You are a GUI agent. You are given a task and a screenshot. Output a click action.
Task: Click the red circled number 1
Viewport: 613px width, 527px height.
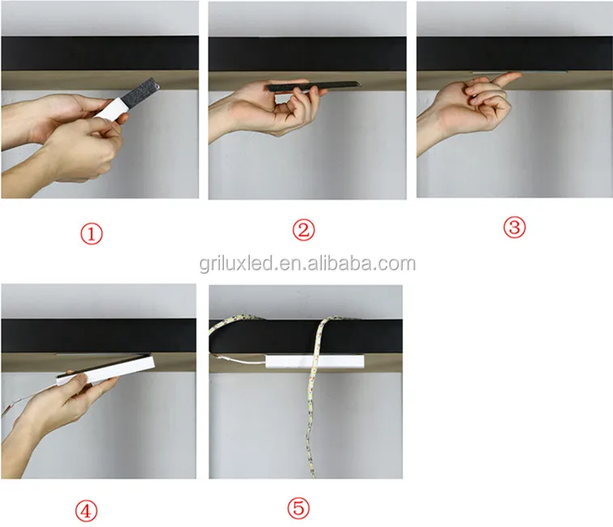[x=91, y=234]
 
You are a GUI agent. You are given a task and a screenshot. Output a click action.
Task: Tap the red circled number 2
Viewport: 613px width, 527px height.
[x=304, y=230]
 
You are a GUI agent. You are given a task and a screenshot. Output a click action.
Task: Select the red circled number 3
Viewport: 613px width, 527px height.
[x=514, y=227]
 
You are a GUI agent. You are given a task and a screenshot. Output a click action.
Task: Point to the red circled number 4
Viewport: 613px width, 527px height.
[x=86, y=511]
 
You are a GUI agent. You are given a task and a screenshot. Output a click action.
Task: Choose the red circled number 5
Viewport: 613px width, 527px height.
[x=298, y=508]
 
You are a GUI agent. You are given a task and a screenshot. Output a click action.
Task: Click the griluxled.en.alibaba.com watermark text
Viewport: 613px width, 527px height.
[x=307, y=264]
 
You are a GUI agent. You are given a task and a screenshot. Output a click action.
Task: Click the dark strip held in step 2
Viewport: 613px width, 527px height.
[x=313, y=87]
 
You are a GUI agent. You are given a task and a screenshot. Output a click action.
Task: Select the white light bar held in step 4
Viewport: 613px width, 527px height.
[x=106, y=371]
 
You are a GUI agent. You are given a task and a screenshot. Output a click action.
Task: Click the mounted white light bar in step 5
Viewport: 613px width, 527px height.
[x=315, y=362]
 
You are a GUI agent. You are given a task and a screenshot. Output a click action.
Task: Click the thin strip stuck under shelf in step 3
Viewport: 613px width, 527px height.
[x=519, y=72]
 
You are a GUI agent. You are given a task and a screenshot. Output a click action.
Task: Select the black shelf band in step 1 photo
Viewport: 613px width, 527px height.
[x=99, y=53]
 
